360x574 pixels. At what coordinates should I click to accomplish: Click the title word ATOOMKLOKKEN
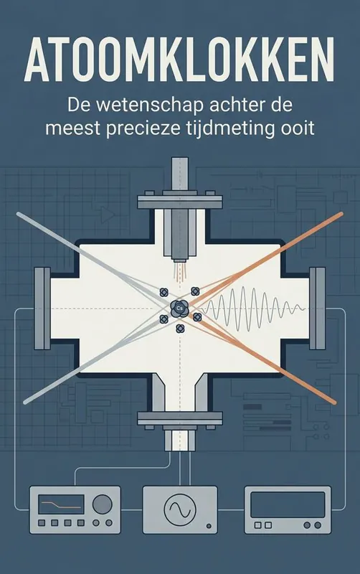click(179, 60)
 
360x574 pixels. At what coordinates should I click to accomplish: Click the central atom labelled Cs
click(179, 308)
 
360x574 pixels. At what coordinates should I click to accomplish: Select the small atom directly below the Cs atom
click(179, 329)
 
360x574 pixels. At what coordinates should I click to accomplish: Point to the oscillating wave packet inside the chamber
click(254, 308)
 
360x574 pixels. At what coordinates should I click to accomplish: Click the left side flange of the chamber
click(42, 309)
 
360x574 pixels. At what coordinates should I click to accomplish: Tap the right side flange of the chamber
click(317, 309)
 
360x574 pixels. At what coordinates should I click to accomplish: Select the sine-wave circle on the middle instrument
click(179, 509)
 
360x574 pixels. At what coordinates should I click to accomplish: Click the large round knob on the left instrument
click(102, 504)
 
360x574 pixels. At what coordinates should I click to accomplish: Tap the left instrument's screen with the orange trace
click(61, 504)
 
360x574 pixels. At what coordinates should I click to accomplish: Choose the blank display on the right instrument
click(288, 505)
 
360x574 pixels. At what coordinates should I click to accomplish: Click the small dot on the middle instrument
click(209, 527)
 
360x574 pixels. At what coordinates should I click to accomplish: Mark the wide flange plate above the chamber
click(180, 202)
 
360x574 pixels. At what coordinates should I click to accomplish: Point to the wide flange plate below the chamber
click(180, 418)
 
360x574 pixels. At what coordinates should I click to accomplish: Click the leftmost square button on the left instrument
click(42, 523)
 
